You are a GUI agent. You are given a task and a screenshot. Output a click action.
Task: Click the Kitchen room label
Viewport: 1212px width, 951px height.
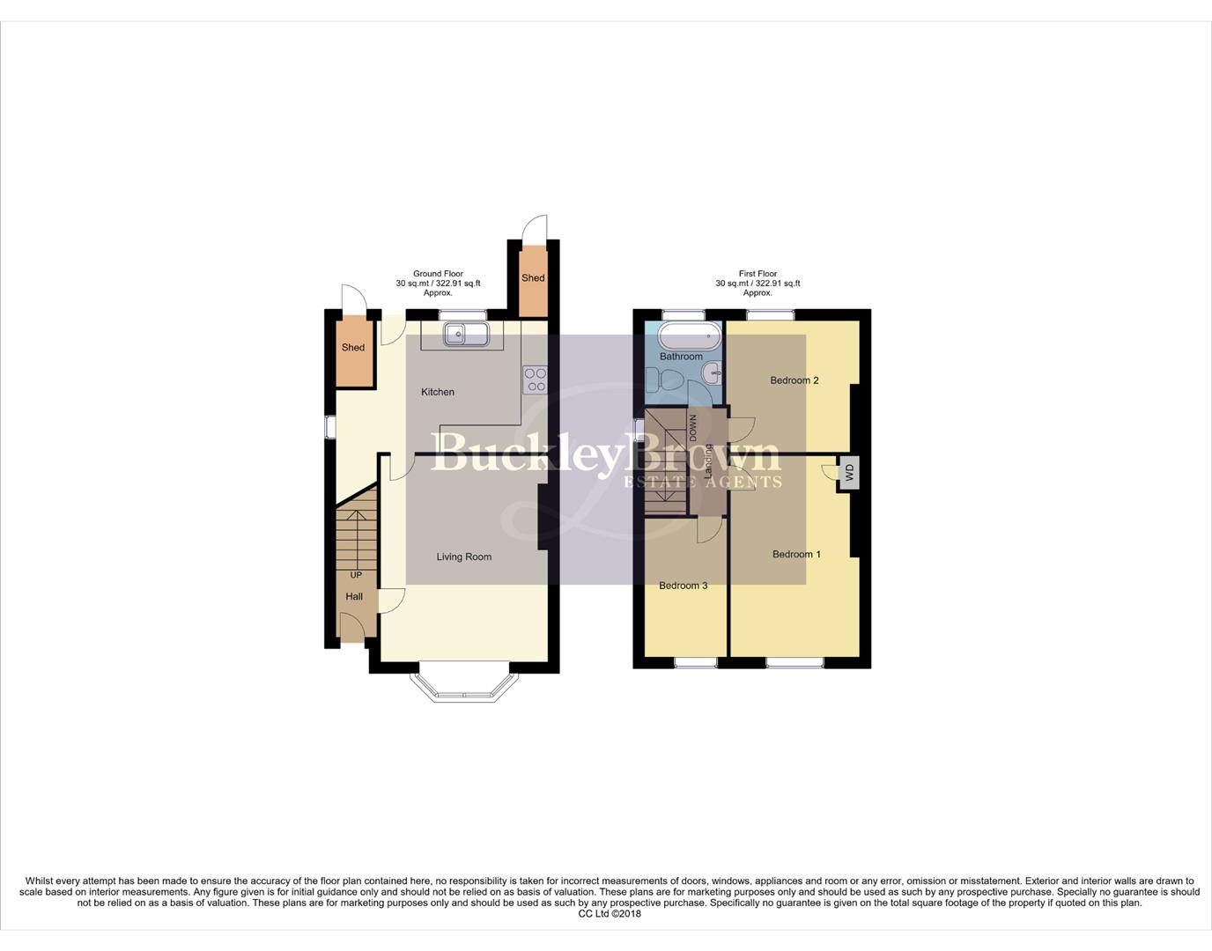438,392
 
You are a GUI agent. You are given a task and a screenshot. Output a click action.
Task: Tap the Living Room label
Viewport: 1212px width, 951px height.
463,557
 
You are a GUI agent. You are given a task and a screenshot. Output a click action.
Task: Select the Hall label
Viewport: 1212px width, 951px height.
354,596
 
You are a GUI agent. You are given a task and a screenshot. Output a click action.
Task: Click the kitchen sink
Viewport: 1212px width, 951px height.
455,334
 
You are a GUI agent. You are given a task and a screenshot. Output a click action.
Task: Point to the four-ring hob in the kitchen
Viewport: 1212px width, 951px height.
536,380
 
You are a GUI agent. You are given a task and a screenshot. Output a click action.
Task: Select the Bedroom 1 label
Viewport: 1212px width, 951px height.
796,554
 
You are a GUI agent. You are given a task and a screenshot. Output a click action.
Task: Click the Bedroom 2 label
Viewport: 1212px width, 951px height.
794,380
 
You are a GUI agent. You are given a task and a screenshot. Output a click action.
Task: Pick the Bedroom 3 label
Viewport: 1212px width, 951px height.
684,586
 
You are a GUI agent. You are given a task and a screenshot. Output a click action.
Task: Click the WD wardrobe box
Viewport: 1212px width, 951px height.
849,474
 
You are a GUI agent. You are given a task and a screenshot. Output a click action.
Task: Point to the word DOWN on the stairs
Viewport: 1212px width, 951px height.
693,428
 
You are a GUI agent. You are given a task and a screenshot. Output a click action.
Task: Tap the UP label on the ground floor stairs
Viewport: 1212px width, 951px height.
356,575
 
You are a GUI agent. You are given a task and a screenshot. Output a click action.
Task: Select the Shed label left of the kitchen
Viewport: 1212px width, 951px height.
353,348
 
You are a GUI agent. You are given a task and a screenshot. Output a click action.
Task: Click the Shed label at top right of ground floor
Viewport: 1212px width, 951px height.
533,278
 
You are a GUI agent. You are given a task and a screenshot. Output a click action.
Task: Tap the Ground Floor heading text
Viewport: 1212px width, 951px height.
438,274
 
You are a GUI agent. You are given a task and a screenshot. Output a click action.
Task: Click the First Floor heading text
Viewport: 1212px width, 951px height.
757,274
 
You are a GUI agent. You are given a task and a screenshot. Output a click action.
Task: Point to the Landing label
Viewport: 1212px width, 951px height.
707,461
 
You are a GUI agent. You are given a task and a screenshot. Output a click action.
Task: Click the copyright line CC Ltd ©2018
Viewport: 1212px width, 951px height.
610,914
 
